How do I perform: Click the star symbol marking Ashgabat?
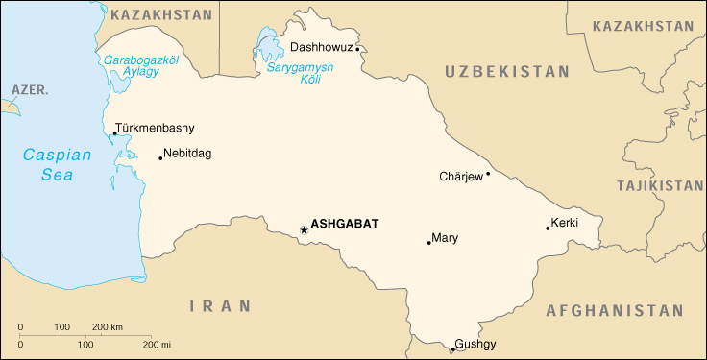[x=305, y=229]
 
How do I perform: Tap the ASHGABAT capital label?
[x=345, y=224]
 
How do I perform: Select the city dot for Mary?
[x=428, y=243]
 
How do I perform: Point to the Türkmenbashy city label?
[x=155, y=128]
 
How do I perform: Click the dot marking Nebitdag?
[x=160, y=157]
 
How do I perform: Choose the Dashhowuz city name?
[x=320, y=46]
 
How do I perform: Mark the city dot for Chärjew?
[x=488, y=174]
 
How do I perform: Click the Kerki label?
[x=565, y=225]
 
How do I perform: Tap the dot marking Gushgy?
[x=451, y=348]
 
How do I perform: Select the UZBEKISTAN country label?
[x=507, y=71]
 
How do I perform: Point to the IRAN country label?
[x=220, y=306]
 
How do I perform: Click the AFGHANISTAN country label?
[x=614, y=311]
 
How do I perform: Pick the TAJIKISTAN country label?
[x=660, y=185]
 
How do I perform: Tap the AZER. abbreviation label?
[x=29, y=89]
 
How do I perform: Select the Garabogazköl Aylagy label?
[x=141, y=65]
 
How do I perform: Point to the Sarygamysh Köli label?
[x=299, y=75]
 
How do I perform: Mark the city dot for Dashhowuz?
[x=357, y=46]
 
